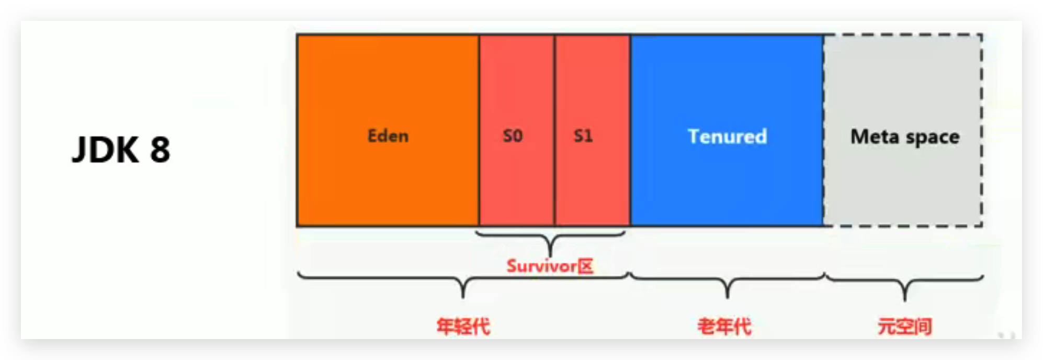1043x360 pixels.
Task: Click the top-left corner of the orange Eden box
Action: tap(297, 35)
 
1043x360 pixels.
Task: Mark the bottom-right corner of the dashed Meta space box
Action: tap(982, 226)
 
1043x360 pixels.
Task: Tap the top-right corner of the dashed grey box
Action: tap(982, 35)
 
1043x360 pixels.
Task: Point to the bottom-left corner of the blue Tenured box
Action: tap(631, 226)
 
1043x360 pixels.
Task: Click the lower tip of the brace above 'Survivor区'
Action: tap(550, 256)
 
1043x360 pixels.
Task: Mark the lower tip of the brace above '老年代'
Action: tap(727, 298)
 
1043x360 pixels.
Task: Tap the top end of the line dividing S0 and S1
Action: tap(554, 35)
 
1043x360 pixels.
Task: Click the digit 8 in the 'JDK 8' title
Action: tap(160, 150)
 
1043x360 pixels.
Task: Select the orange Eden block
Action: tap(388, 130)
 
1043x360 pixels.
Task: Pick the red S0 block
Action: tap(517, 130)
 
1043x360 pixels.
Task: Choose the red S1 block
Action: tap(592, 130)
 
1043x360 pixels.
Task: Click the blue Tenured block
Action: tap(727, 130)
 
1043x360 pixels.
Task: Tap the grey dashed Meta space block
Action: tap(903, 130)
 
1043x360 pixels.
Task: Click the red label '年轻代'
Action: tap(463, 327)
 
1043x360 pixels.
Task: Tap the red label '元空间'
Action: tap(904, 327)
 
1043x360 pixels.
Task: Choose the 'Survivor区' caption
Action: tap(550, 266)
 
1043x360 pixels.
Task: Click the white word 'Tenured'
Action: tap(727, 137)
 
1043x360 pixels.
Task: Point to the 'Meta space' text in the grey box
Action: tap(905, 137)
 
